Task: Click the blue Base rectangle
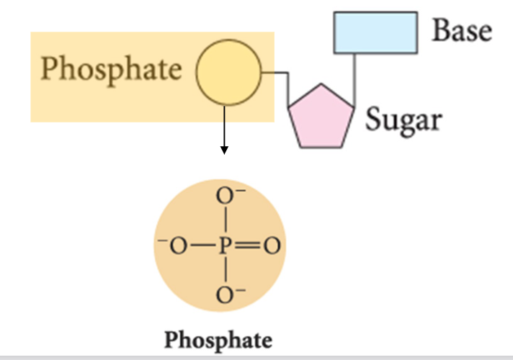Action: pyautogui.click(x=375, y=32)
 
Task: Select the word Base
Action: pyautogui.click(x=462, y=30)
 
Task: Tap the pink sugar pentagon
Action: pyautogui.click(x=321, y=117)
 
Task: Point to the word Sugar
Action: pyautogui.click(x=402, y=118)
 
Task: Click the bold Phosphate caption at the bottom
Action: pyautogui.click(x=219, y=339)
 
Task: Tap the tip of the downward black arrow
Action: pyautogui.click(x=225, y=152)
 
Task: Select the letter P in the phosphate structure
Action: pyautogui.click(x=226, y=246)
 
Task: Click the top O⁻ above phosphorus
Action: pyautogui.click(x=227, y=196)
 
